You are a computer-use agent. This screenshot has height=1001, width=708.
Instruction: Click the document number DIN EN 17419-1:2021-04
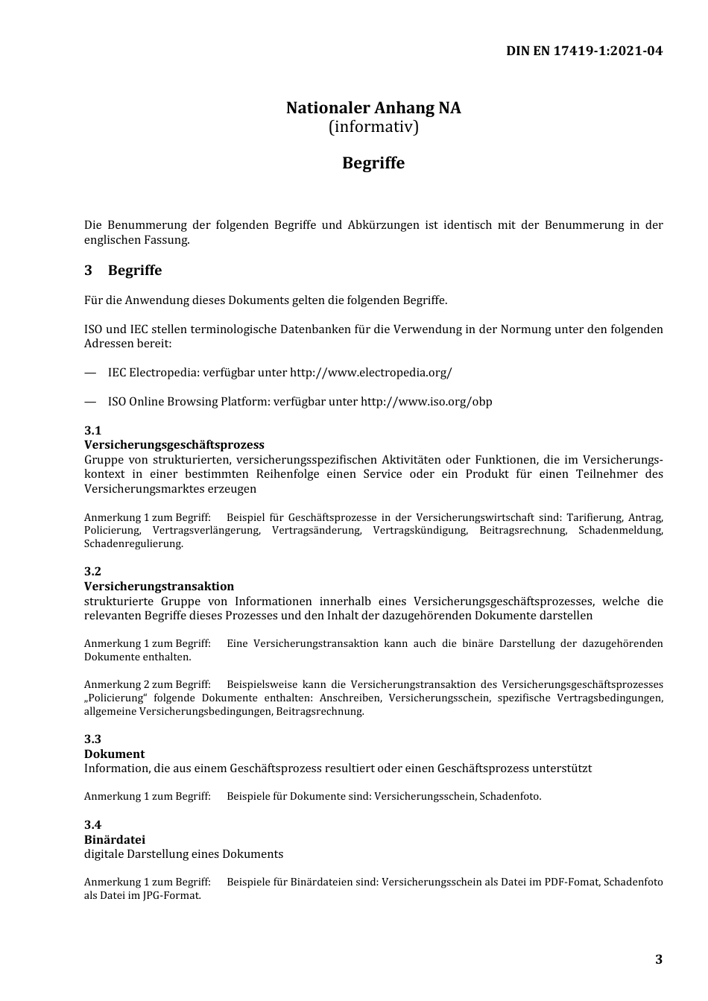(x=584, y=51)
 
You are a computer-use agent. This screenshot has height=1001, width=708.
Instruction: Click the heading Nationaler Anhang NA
(x=373, y=108)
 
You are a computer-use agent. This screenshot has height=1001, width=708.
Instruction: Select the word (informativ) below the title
(x=373, y=127)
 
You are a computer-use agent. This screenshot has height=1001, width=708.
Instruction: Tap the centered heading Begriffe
(x=373, y=163)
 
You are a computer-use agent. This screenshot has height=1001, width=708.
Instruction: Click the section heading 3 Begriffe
(x=123, y=271)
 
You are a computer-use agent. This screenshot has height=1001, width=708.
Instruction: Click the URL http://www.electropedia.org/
(x=370, y=373)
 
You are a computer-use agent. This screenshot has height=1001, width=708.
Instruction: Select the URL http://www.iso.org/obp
(x=426, y=402)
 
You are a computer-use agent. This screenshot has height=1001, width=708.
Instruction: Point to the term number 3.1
(x=92, y=431)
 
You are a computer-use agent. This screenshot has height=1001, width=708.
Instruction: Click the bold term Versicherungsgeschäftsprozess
(x=174, y=445)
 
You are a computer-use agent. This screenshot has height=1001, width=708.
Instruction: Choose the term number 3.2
(x=92, y=572)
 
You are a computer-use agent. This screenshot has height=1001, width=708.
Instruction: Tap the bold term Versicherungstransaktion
(x=159, y=587)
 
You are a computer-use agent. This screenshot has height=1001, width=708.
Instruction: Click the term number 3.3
(x=92, y=739)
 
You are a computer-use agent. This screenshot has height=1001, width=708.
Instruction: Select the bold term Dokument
(x=114, y=754)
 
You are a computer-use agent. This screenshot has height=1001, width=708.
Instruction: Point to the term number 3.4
(x=92, y=824)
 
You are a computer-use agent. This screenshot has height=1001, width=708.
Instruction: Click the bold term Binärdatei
(x=114, y=839)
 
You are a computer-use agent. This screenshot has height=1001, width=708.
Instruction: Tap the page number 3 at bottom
(x=658, y=959)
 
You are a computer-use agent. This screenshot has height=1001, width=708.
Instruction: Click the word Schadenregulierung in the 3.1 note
(x=133, y=544)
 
